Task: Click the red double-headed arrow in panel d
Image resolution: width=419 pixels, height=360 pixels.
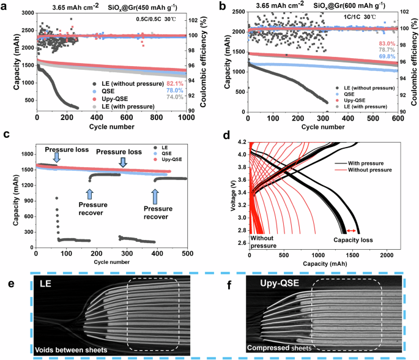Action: click(350, 230)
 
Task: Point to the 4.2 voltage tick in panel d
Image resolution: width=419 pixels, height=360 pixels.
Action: click(242, 142)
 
